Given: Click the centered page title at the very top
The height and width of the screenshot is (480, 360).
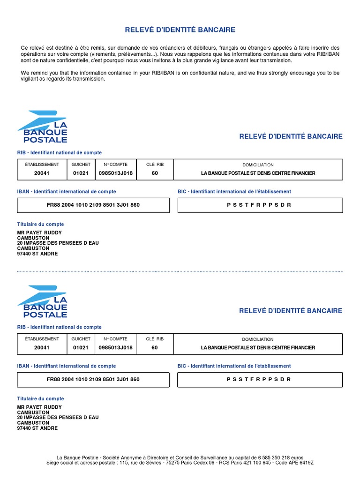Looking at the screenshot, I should (180, 30).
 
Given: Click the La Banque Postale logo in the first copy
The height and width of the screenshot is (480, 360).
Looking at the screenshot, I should (43, 127).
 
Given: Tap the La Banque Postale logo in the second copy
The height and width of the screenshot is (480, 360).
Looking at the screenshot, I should (43, 301).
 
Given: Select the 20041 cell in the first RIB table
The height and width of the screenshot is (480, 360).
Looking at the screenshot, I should (42, 173).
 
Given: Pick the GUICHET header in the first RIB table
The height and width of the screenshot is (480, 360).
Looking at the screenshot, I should (81, 165).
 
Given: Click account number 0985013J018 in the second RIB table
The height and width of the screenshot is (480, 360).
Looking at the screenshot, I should (115, 348).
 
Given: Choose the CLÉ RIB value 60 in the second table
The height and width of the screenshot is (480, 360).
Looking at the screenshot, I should (155, 348).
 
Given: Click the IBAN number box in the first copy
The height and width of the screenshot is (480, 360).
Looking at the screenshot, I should (93, 205).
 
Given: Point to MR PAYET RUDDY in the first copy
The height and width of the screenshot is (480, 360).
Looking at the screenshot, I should (39, 233).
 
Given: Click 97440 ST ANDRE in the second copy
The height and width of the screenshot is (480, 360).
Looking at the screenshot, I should (37, 428).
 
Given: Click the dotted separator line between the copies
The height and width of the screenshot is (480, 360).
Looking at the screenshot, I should (180, 271).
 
